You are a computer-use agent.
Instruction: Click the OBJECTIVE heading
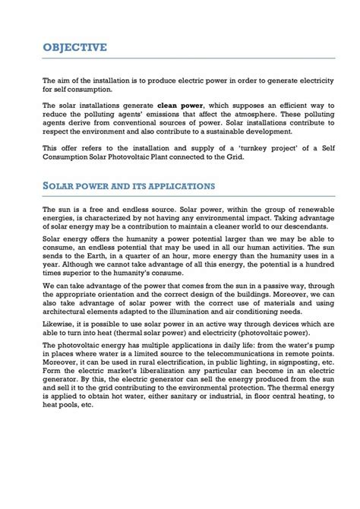pyautogui.click(x=74, y=47)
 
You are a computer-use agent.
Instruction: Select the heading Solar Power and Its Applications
pyautogui.click(x=128, y=185)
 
